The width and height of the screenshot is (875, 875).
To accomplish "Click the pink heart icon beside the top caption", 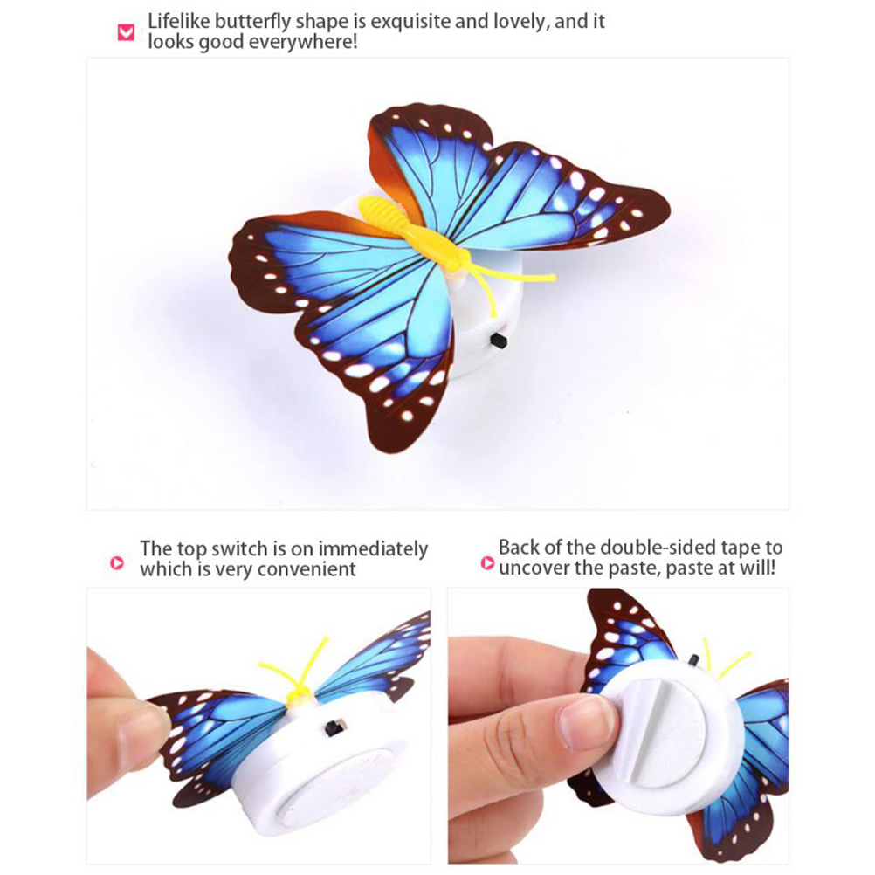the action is click(126, 32).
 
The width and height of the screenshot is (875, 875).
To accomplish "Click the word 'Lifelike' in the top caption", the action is click(178, 21).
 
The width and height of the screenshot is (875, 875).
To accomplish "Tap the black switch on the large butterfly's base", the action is click(499, 341).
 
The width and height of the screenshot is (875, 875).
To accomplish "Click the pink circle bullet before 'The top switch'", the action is click(117, 563).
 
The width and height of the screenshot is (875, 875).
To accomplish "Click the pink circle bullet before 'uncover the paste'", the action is click(488, 563).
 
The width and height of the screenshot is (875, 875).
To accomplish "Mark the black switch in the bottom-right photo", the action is click(693, 660).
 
